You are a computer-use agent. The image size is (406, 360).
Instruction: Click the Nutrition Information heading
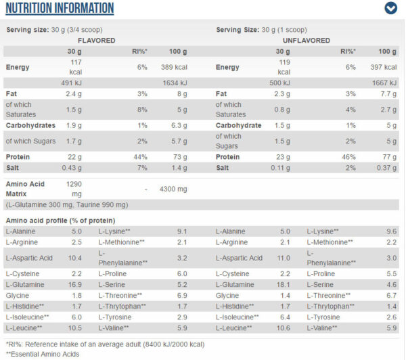pos(60,8)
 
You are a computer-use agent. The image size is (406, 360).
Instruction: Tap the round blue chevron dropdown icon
pos(390,8)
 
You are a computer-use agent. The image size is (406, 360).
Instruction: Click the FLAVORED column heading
pos(97,41)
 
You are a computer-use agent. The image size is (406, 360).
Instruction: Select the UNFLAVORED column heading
pos(307,41)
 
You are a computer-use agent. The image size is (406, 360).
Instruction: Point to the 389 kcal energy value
pos(174,68)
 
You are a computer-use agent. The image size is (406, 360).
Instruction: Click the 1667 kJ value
pos(384,83)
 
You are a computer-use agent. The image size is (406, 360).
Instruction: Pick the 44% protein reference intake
pos(140,157)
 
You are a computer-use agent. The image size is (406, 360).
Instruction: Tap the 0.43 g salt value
pos(72,168)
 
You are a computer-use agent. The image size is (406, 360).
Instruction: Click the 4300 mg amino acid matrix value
pos(173,189)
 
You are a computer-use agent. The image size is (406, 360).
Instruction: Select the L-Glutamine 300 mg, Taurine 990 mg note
pos(67,205)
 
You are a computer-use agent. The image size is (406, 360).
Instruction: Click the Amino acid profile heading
pos(61,221)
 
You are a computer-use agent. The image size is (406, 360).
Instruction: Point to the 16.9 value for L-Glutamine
pos(75,285)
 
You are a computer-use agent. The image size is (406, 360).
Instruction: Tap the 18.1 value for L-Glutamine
pos(284,285)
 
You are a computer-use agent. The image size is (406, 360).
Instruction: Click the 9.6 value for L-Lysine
pos(392,231)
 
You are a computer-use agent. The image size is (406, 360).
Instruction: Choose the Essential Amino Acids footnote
pos(43,354)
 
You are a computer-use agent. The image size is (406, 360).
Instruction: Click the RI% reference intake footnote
pos(105,344)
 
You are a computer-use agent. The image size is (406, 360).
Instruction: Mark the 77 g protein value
pos(390,157)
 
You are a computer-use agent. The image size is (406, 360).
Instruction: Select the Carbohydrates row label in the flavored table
pos(30,125)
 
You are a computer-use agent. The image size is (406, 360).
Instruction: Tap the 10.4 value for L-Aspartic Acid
pos(75,258)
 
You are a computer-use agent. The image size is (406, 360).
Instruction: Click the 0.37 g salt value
pos(386,168)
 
